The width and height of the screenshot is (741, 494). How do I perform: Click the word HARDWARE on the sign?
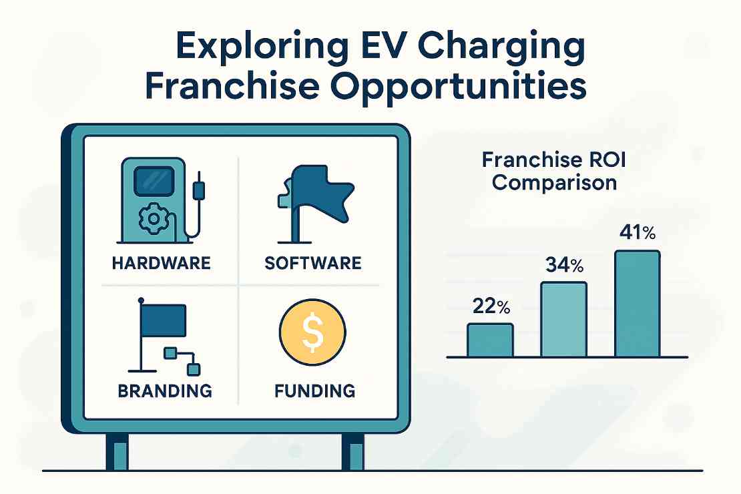point(161,262)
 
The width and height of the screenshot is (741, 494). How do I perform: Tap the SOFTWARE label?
point(313,262)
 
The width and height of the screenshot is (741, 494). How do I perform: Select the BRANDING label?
point(165,390)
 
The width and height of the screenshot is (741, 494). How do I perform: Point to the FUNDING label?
point(314,390)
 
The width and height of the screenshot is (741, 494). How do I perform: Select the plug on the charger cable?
point(198,191)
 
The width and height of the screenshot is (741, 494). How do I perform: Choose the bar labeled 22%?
point(490,340)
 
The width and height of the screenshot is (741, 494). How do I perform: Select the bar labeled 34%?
point(563,319)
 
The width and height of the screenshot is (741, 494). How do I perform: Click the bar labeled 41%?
point(637,304)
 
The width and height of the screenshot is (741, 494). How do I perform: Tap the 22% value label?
point(491,307)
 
